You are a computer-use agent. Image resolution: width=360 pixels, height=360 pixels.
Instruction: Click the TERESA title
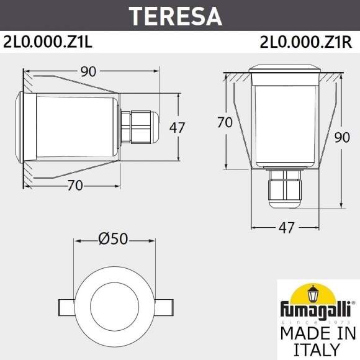pos(179,15)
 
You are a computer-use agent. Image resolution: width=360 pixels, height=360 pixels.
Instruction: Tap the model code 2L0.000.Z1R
pos(307,42)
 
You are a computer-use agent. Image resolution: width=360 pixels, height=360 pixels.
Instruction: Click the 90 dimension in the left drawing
pos(88,71)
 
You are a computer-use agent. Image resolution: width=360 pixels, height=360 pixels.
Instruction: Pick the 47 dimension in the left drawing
pos(177,128)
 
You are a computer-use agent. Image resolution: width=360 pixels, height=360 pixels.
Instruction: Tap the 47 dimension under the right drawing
pos(286,228)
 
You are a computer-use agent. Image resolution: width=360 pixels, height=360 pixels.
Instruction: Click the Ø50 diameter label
pos(113,237)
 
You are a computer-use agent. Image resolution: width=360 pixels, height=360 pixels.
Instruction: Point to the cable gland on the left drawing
pos(137,127)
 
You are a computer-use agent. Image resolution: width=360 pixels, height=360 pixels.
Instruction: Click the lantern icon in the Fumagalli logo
pos(318,292)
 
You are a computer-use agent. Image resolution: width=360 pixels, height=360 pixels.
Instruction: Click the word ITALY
pos(317,349)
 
